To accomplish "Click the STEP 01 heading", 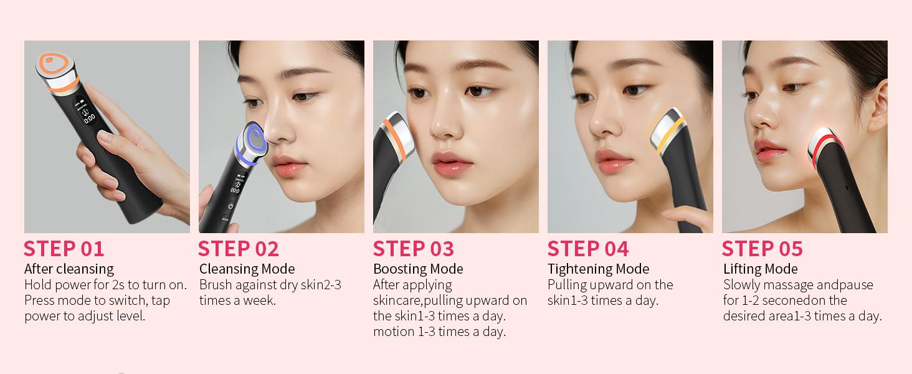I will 64,249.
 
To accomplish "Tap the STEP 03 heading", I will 414,249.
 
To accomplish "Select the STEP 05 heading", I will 762,249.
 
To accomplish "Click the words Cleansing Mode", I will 247,269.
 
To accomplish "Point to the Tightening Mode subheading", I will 598,269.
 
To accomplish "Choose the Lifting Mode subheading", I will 760,269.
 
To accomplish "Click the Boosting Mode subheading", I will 418,269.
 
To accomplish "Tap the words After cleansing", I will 69,269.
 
